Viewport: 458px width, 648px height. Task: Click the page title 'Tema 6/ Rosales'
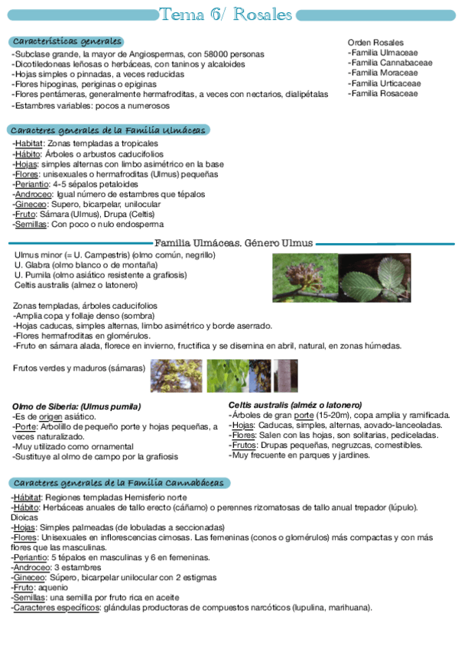[226, 15]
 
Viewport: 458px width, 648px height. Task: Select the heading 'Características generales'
[67, 41]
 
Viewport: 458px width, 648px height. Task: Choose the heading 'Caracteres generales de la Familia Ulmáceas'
[108, 131]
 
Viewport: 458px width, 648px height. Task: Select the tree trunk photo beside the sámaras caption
[286, 375]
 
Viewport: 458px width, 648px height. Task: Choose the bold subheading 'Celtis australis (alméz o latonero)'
[295, 404]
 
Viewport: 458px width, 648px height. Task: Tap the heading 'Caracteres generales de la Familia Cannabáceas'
[119, 483]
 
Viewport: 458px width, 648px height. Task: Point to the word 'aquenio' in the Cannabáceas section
[53, 588]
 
